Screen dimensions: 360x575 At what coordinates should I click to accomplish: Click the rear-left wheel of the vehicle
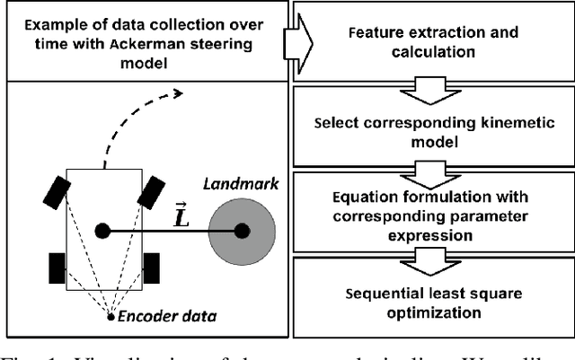click(x=56, y=267)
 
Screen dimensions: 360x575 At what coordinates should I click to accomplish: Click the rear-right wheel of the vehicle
click(x=150, y=267)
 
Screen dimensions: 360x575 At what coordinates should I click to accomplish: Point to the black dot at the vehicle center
click(x=102, y=231)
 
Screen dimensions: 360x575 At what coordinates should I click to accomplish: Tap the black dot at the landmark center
click(x=241, y=231)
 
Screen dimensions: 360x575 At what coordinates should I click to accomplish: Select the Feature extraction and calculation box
click(x=431, y=40)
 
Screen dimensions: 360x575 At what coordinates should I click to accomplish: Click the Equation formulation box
click(x=431, y=215)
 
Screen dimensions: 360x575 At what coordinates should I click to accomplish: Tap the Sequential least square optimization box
click(x=431, y=302)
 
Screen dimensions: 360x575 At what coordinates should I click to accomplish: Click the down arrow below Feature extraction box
click(x=431, y=88)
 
